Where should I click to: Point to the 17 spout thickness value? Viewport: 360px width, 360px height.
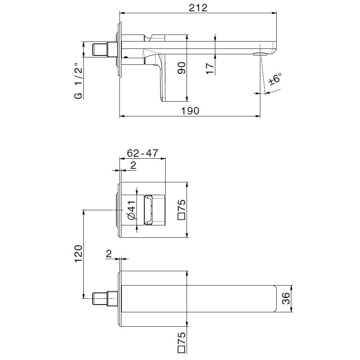[210, 68]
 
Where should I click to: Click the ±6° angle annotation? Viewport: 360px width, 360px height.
[275, 80]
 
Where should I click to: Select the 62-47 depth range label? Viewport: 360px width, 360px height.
[143, 153]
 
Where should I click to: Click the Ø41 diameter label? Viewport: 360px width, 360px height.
[131, 210]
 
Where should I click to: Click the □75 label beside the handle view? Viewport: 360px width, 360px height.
[182, 210]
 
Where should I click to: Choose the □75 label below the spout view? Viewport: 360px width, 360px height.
[182, 341]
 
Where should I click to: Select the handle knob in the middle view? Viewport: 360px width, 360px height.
[155, 210]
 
